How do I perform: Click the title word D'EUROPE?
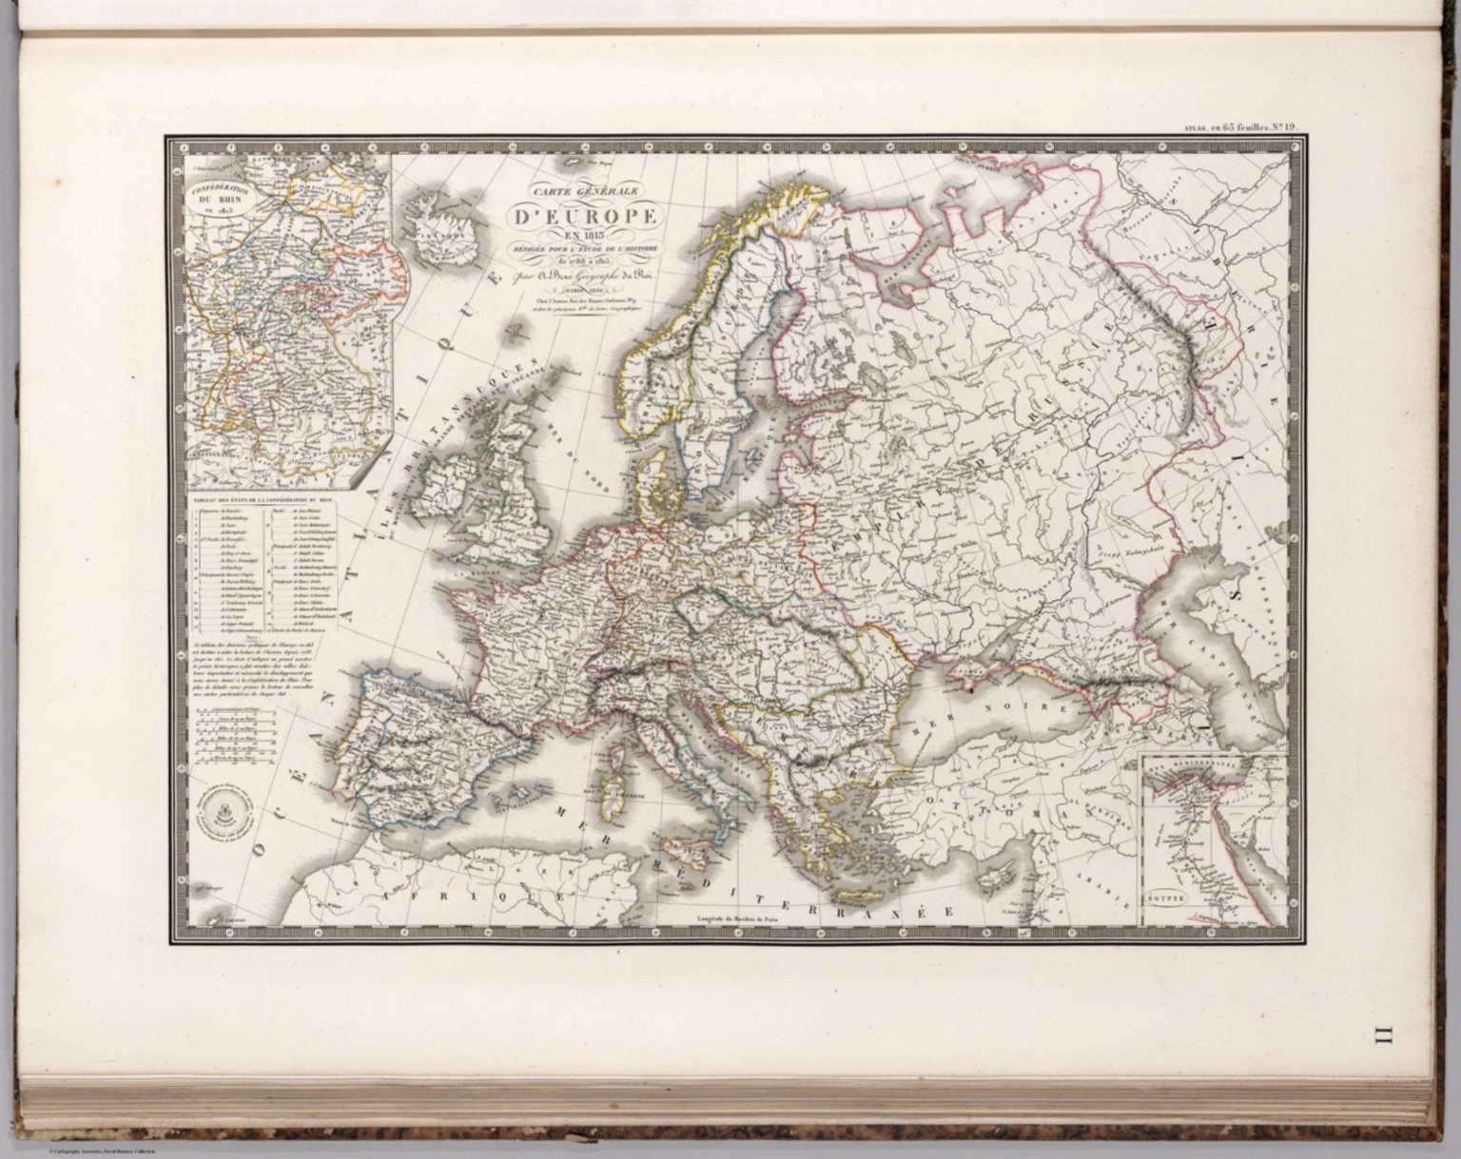[x=584, y=217]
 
